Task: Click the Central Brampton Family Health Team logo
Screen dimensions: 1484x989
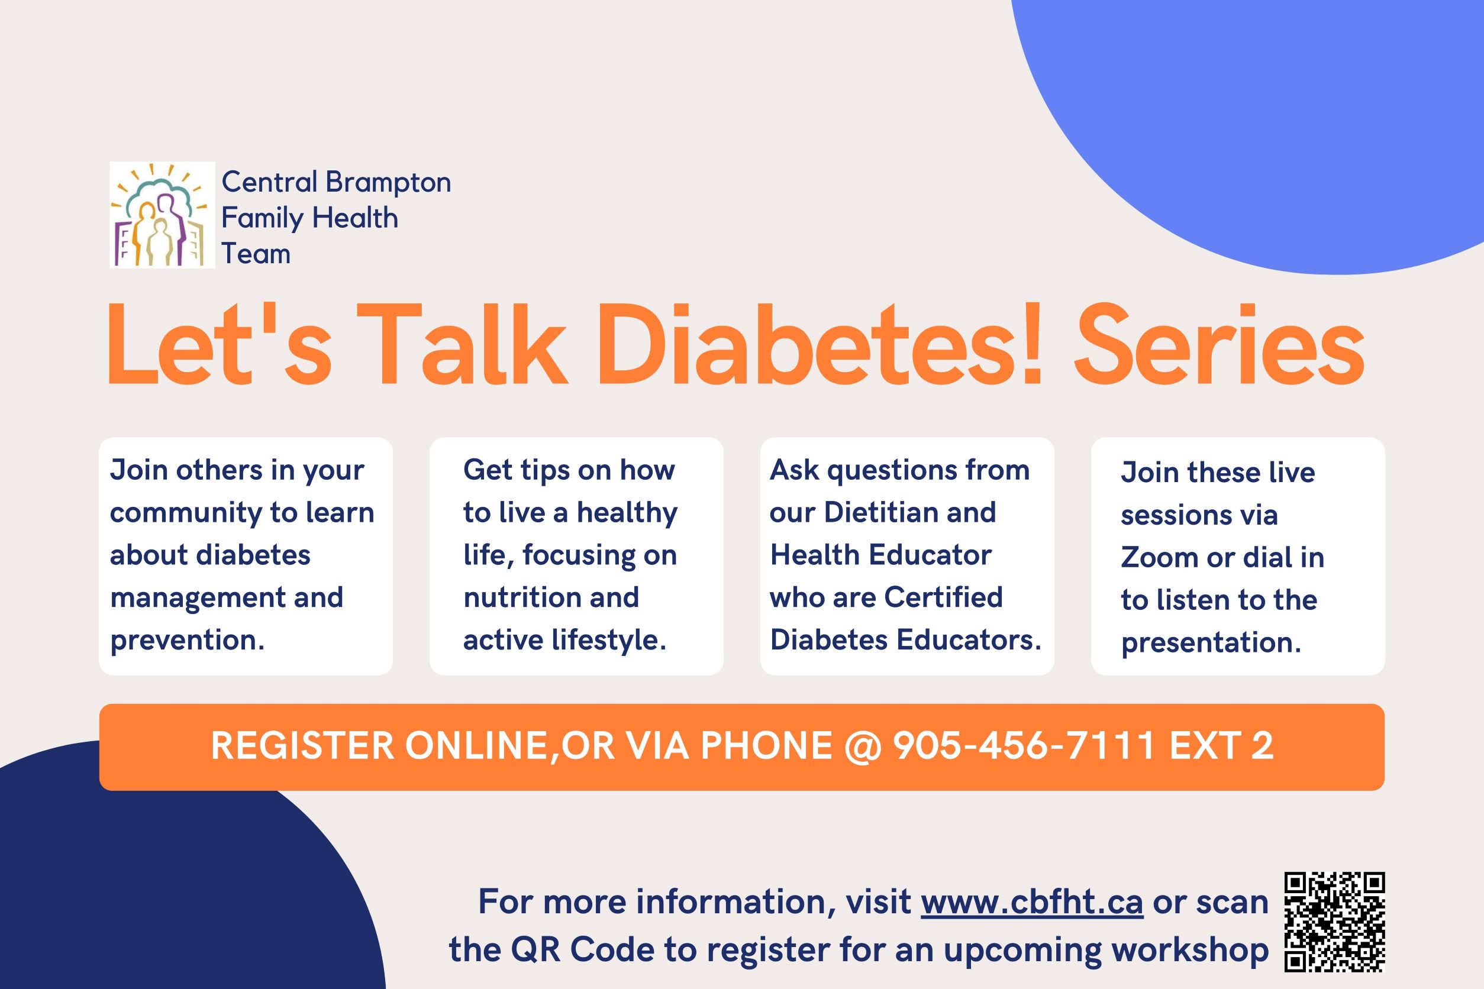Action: pos(162,215)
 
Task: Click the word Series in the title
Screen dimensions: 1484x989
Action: pos(1219,345)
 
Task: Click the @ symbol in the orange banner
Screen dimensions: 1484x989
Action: pos(863,747)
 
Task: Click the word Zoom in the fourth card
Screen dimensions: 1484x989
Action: pos(1158,558)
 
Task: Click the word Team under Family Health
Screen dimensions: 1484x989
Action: pos(256,254)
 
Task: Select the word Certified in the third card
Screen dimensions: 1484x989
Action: pos(943,597)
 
